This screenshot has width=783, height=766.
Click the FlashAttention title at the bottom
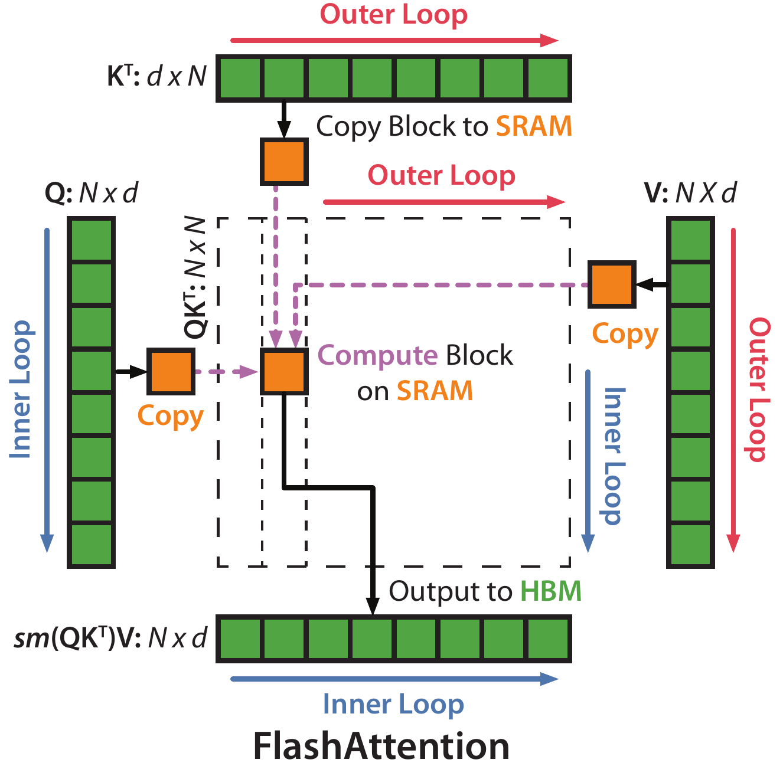[381, 746]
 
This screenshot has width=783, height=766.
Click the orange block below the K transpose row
[284, 161]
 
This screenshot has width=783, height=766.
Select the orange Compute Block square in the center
[284, 371]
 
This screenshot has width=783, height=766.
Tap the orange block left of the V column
[612, 284]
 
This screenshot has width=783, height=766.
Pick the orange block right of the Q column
[171, 371]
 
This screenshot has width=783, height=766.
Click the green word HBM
[551, 591]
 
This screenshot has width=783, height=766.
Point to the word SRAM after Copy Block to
[534, 126]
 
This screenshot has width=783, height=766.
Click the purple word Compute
[377, 355]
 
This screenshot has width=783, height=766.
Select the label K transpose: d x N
[156, 77]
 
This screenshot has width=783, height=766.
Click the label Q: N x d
[92, 192]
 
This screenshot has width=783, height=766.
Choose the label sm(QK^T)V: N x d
[110, 638]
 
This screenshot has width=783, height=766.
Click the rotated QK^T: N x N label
[195, 277]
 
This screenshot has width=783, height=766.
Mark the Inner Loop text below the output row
[393, 705]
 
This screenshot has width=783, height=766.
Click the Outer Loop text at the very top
[393, 15]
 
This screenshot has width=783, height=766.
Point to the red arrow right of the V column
[733, 389]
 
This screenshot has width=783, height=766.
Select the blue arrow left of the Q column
[47, 389]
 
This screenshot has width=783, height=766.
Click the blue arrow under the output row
[394, 679]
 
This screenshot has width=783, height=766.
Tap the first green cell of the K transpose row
[240, 77]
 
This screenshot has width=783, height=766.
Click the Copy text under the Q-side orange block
[170, 416]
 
